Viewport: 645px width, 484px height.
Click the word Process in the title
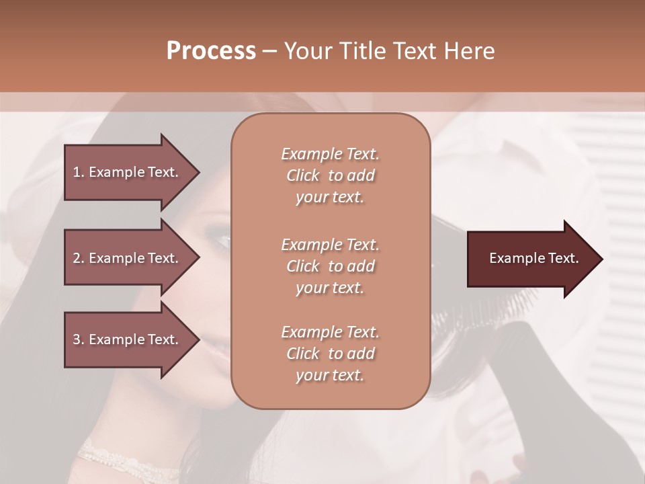coord(211,51)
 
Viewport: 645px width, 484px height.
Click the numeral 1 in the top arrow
coord(76,172)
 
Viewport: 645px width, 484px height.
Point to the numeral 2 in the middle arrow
coord(77,258)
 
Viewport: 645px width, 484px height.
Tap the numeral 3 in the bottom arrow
coord(77,339)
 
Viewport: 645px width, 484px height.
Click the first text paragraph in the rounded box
coord(330,175)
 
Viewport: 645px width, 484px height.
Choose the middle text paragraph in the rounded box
coord(330,266)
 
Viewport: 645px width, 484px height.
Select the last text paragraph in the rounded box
coord(330,354)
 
